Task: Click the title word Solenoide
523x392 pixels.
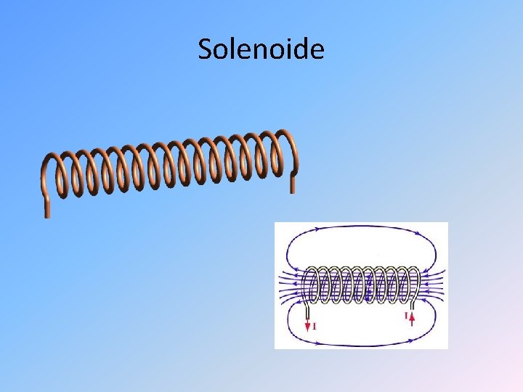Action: coord(261,49)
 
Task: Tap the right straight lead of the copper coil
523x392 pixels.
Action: coord(293,181)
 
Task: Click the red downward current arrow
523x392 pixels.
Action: coord(307,324)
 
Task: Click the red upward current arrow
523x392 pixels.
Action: coord(413,318)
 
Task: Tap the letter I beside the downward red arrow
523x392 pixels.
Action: coord(315,326)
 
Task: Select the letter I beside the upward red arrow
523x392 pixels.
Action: coord(405,317)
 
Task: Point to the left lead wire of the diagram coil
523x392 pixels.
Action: coord(307,309)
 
